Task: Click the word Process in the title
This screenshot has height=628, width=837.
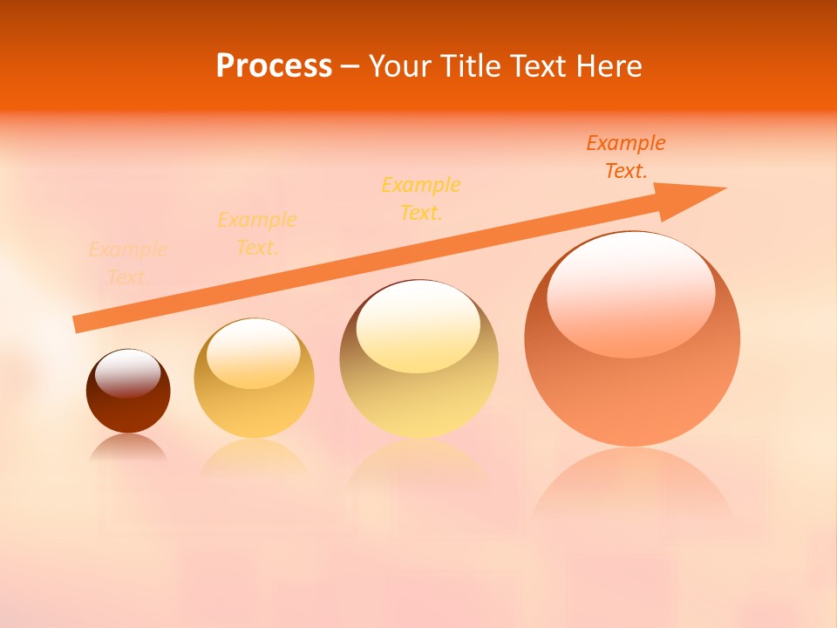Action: pyautogui.click(x=274, y=66)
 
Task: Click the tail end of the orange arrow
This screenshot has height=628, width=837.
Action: pyautogui.click(x=78, y=324)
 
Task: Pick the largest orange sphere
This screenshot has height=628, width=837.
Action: pyautogui.click(x=632, y=384)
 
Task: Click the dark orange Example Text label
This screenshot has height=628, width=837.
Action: pyautogui.click(x=626, y=157)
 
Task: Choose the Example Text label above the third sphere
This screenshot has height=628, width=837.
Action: pyautogui.click(x=421, y=199)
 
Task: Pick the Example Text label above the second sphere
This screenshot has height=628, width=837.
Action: pyautogui.click(x=257, y=234)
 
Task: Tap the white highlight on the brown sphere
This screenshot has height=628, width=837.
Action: pyautogui.click(x=128, y=372)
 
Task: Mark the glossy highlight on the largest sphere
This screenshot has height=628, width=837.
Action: pyautogui.click(x=630, y=292)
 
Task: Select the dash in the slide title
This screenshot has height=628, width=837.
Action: pyautogui.click(x=350, y=66)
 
